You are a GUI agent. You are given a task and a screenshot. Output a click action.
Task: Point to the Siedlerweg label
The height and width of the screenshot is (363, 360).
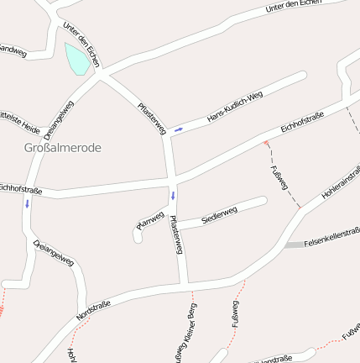(220, 215)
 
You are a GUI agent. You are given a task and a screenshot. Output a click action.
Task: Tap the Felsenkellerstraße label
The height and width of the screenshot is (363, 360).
(331, 239)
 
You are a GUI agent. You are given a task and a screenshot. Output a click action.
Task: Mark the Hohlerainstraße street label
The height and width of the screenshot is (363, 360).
(341, 182)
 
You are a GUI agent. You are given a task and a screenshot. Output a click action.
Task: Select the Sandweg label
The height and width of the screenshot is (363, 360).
(13, 51)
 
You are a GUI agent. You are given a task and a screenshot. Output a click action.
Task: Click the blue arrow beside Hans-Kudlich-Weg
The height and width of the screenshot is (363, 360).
(179, 129)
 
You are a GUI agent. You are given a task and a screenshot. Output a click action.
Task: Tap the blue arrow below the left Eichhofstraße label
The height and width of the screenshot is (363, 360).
(27, 203)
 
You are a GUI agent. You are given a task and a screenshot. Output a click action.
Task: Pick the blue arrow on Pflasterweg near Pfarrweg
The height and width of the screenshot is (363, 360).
(174, 196)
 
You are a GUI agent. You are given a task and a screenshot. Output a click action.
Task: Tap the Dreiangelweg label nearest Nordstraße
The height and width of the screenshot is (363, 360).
(54, 252)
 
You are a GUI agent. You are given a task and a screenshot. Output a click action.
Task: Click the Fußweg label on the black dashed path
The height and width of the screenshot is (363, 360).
(279, 179)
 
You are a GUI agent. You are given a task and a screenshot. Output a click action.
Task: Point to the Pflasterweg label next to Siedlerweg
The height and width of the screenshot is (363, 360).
(176, 235)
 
